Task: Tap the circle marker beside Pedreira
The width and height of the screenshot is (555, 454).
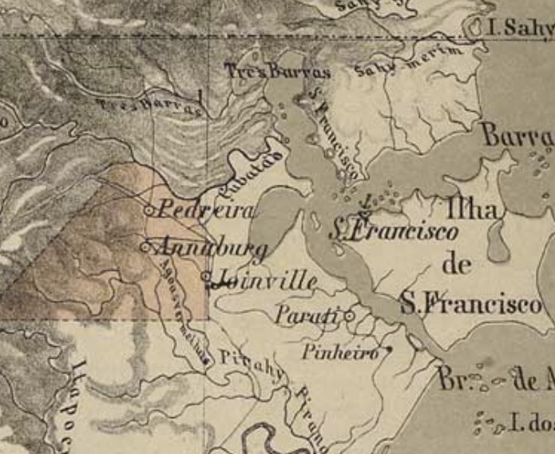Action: pos(149,210)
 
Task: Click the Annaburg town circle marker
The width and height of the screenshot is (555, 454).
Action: pos(145,247)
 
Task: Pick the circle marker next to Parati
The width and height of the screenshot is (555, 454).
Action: pos(349,316)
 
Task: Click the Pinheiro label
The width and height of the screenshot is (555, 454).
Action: pos(341,352)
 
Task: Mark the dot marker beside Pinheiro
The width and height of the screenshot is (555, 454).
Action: pos(389,348)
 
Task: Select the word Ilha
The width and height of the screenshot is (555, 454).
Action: pos(473,210)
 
